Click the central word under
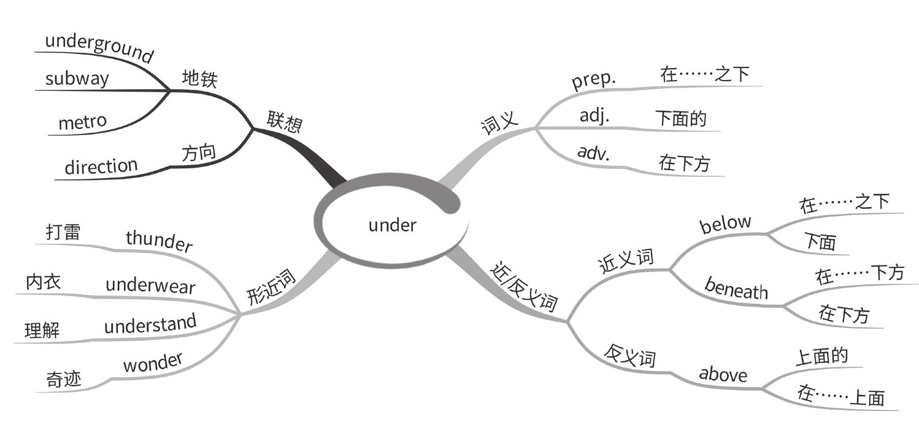point(392,225)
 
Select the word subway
point(77,79)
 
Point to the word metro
point(82,122)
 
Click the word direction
point(101,166)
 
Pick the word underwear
point(150,285)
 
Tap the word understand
point(150,324)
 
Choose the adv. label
point(593,152)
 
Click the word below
point(726,224)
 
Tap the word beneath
point(736,289)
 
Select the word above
point(723,373)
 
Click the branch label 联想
point(284,122)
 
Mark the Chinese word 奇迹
point(63,379)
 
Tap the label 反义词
point(630,356)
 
